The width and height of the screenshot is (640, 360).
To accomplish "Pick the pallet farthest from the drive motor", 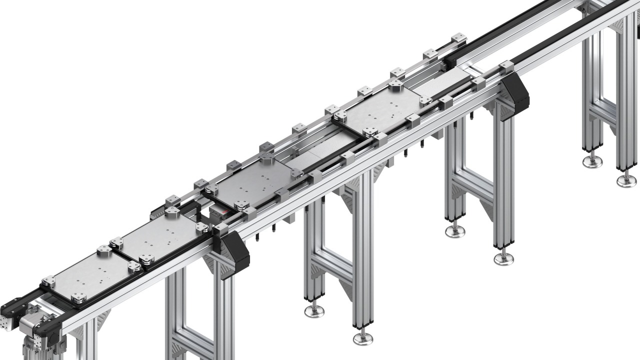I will (x=380, y=112).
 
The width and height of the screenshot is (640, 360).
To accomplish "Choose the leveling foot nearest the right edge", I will (x=626, y=180).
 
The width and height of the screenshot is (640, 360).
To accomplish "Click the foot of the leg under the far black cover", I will (x=503, y=258).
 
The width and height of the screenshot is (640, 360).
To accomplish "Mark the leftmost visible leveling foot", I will (x=314, y=310).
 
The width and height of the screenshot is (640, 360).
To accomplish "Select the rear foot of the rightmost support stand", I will (x=592, y=161).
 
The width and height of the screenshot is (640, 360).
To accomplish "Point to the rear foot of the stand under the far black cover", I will (x=455, y=230).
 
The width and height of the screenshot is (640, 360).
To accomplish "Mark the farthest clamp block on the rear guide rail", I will (x=458, y=38).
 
